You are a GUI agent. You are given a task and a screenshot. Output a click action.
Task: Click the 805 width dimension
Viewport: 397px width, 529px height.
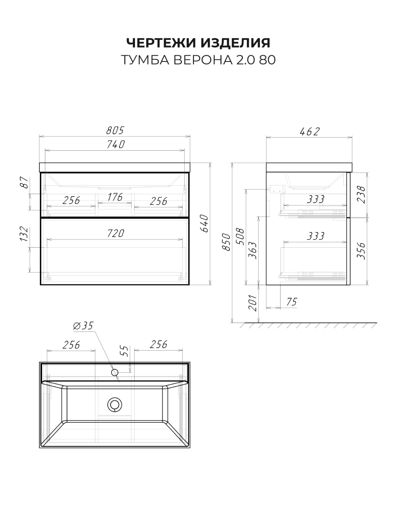pyautogui.click(x=115, y=130)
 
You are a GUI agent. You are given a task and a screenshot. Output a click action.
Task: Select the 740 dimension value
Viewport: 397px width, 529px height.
pyautogui.click(x=116, y=144)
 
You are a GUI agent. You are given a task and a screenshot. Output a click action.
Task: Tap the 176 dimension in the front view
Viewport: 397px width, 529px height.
pyautogui.click(x=115, y=197)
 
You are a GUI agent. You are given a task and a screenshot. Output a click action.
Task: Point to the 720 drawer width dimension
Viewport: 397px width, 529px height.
pyautogui.click(x=116, y=233)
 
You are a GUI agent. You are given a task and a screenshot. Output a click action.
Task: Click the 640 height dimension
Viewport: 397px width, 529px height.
pyautogui.click(x=204, y=223)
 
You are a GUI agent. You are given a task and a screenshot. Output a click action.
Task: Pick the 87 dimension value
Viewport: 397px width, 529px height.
pyautogui.click(x=25, y=183)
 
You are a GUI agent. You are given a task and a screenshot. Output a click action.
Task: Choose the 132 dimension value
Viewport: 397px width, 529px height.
pyautogui.click(x=25, y=234)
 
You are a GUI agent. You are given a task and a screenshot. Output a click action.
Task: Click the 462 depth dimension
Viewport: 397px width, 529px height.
pyautogui.click(x=310, y=132)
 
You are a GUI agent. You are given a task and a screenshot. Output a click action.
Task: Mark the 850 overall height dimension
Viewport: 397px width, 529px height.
pyautogui.click(x=226, y=242)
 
